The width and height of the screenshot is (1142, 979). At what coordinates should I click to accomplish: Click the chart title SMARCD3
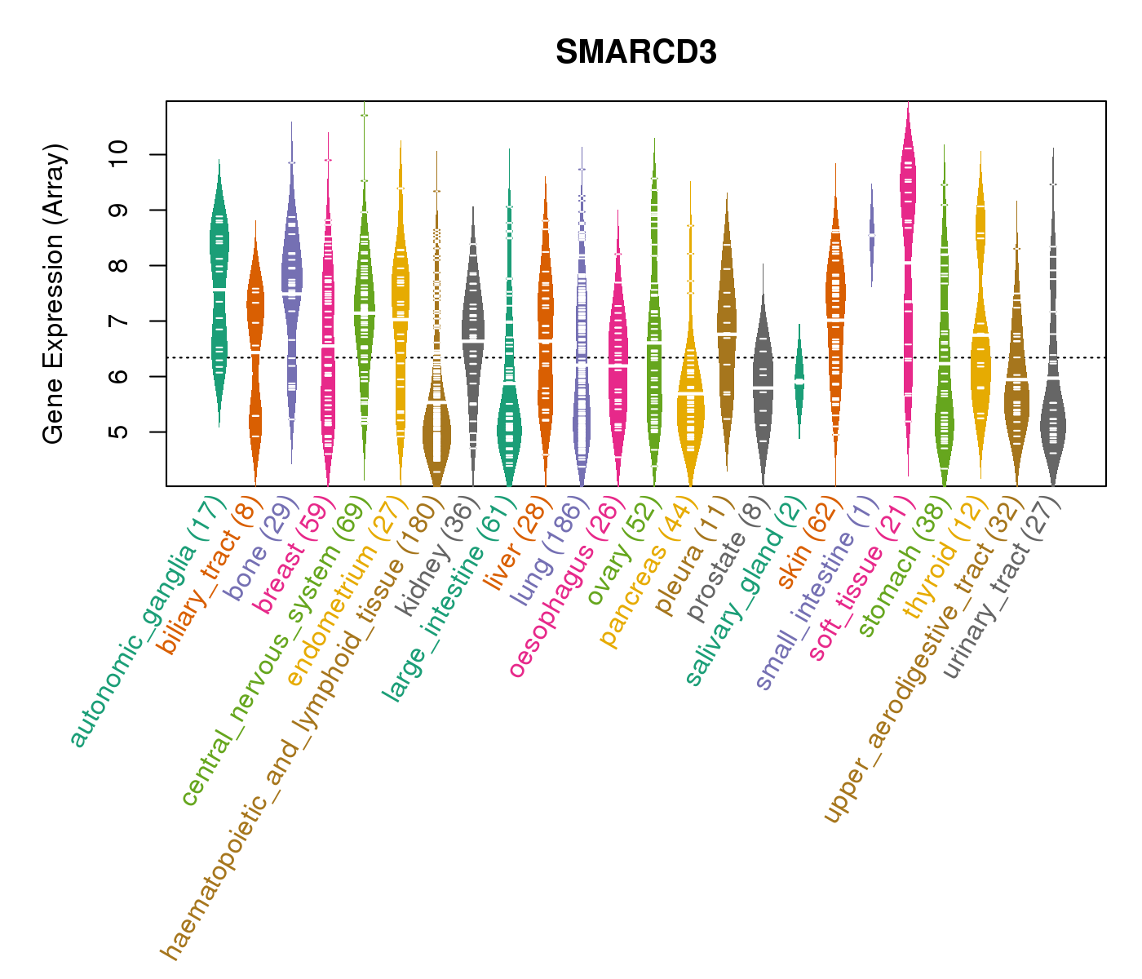click(635, 53)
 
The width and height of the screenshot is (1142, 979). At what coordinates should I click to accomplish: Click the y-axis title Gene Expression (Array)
click(54, 294)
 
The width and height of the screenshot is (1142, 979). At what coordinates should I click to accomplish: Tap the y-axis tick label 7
click(119, 321)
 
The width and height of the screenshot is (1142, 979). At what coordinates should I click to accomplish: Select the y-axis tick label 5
click(119, 432)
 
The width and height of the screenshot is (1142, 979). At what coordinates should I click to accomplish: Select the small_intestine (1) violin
click(871, 235)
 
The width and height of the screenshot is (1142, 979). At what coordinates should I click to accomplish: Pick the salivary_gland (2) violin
click(799, 381)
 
